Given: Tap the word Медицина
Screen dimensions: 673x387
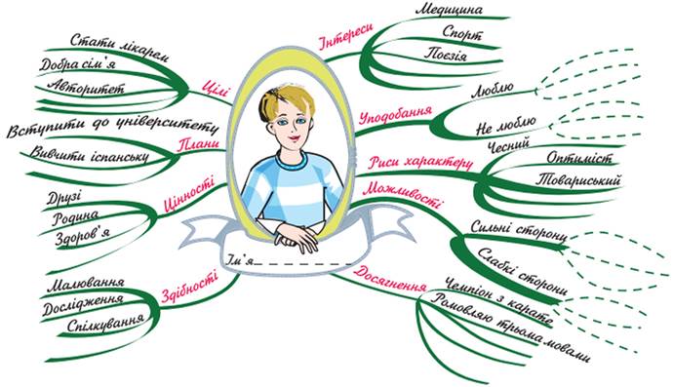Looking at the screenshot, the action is pyautogui.click(x=449, y=10).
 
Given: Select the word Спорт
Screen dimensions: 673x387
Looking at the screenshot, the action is pyautogui.click(x=462, y=33).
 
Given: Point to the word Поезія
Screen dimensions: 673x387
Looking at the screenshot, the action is pyautogui.click(x=446, y=55).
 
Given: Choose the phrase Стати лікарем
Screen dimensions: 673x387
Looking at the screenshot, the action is pyautogui.click(x=119, y=48).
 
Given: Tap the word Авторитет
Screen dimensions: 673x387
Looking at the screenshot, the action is pyautogui.click(x=86, y=86).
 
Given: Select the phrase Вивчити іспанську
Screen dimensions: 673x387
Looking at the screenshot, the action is pyautogui.click(x=90, y=155).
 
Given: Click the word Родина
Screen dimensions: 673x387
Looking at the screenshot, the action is pyautogui.click(x=75, y=217).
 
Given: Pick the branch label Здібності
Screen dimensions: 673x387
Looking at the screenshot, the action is pyautogui.click(x=189, y=287).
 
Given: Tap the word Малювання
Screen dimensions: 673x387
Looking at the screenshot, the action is pyautogui.click(x=86, y=285).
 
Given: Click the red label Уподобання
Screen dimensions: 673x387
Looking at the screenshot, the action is pyautogui.click(x=395, y=115).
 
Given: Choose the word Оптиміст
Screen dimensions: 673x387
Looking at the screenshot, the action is pyautogui.click(x=578, y=158).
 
